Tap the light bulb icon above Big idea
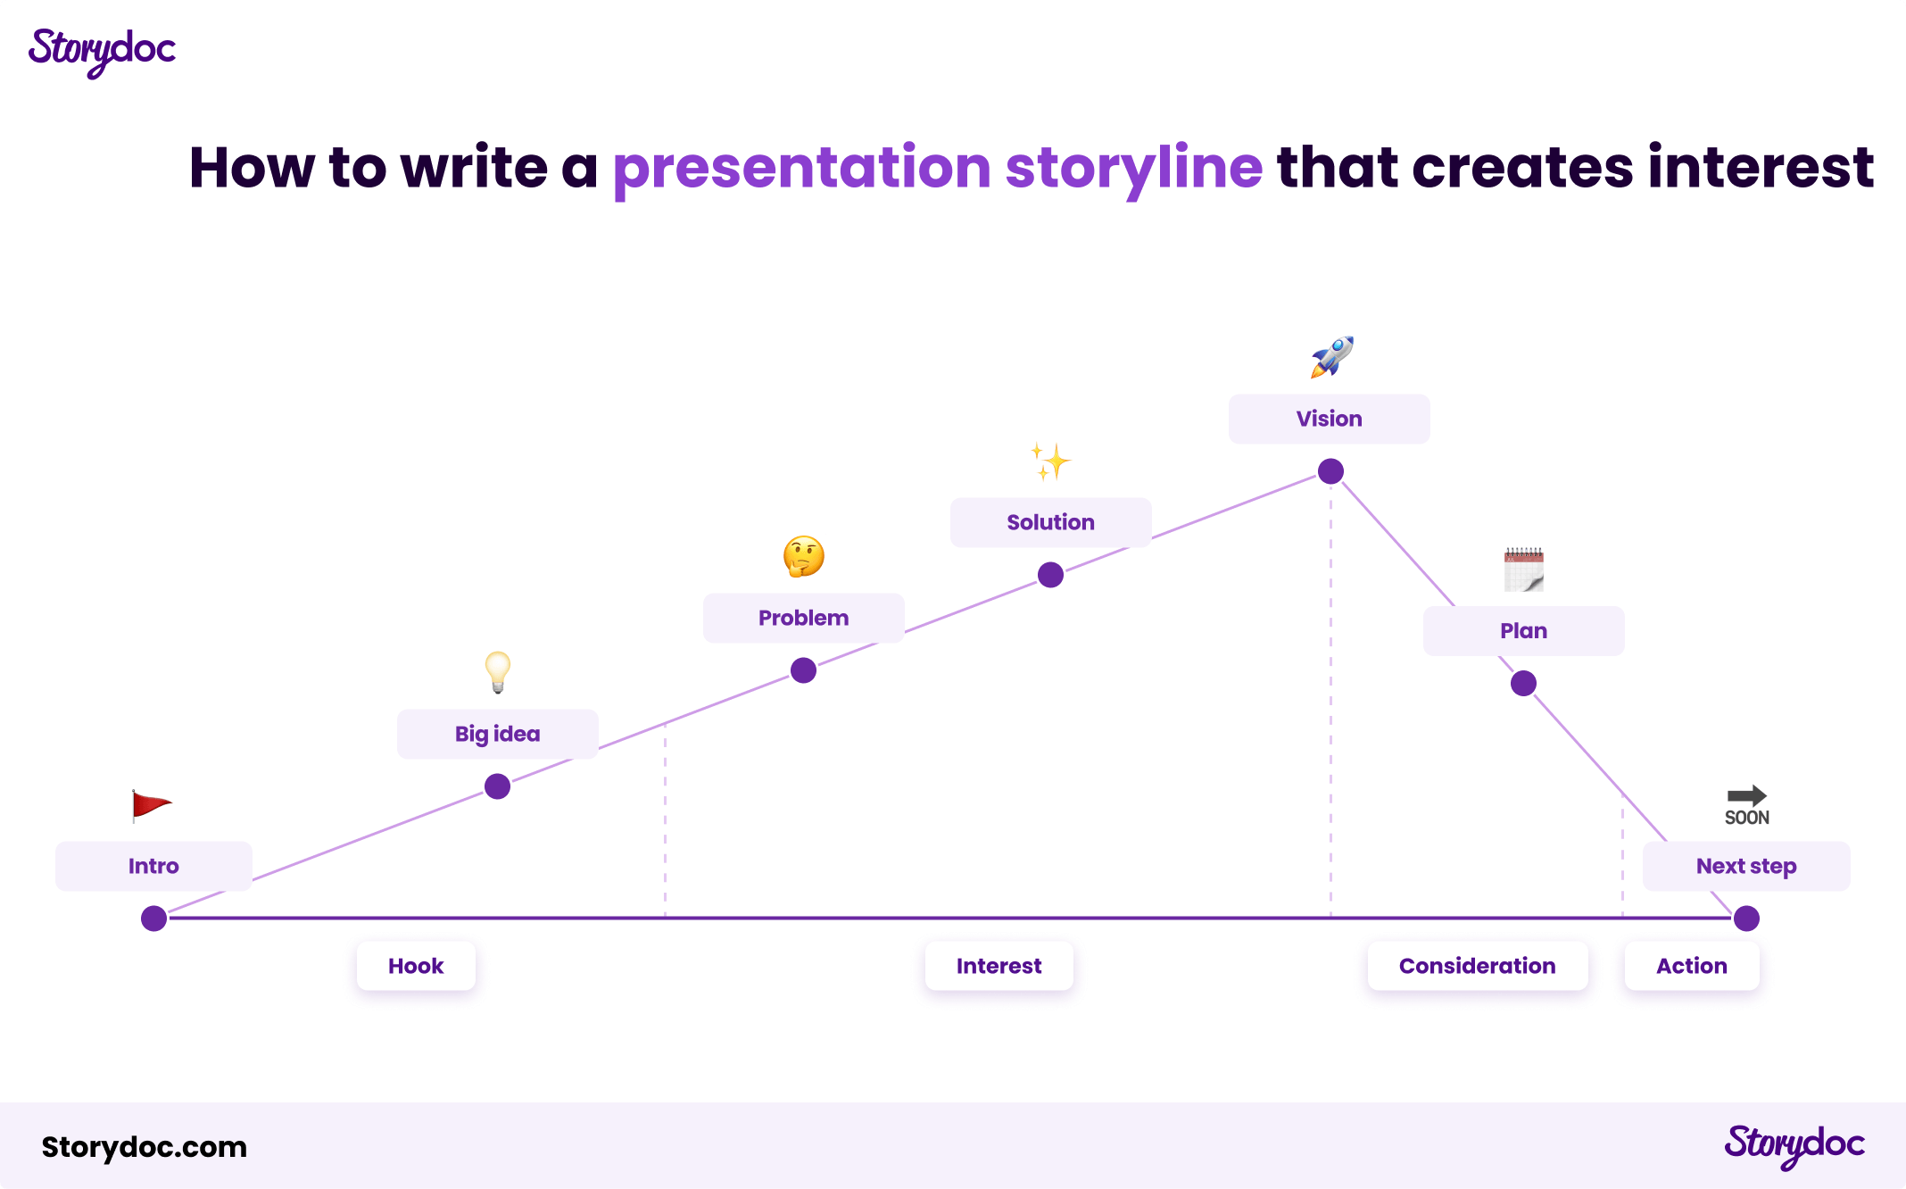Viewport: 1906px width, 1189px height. point(498,672)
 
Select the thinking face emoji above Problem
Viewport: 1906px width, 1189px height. point(804,556)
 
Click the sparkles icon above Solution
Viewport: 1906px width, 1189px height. point(1050,461)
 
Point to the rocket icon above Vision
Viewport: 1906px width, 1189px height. point(1331,357)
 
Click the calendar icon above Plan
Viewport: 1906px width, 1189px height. point(1523,570)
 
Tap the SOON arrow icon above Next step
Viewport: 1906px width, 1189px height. point(1746,805)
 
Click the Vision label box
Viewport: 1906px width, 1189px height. point(1330,419)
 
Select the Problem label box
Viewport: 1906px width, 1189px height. point(804,618)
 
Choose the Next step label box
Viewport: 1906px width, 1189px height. point(1746,866)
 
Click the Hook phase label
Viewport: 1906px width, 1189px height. point(416,966)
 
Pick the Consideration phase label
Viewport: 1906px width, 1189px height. point(1478,966)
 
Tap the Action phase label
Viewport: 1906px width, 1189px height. point(1692,966)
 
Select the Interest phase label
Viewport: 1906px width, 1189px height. point(999,966)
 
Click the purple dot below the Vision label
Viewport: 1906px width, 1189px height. point(1330,471)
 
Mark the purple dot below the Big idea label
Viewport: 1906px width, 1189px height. point(497,786)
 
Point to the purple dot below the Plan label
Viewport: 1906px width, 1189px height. point(1523,684)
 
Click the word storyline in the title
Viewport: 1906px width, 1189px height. point(1134,168)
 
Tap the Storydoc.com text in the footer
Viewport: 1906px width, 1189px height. point(145,1147)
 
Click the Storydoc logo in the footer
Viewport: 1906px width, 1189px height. point(1794,1145)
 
